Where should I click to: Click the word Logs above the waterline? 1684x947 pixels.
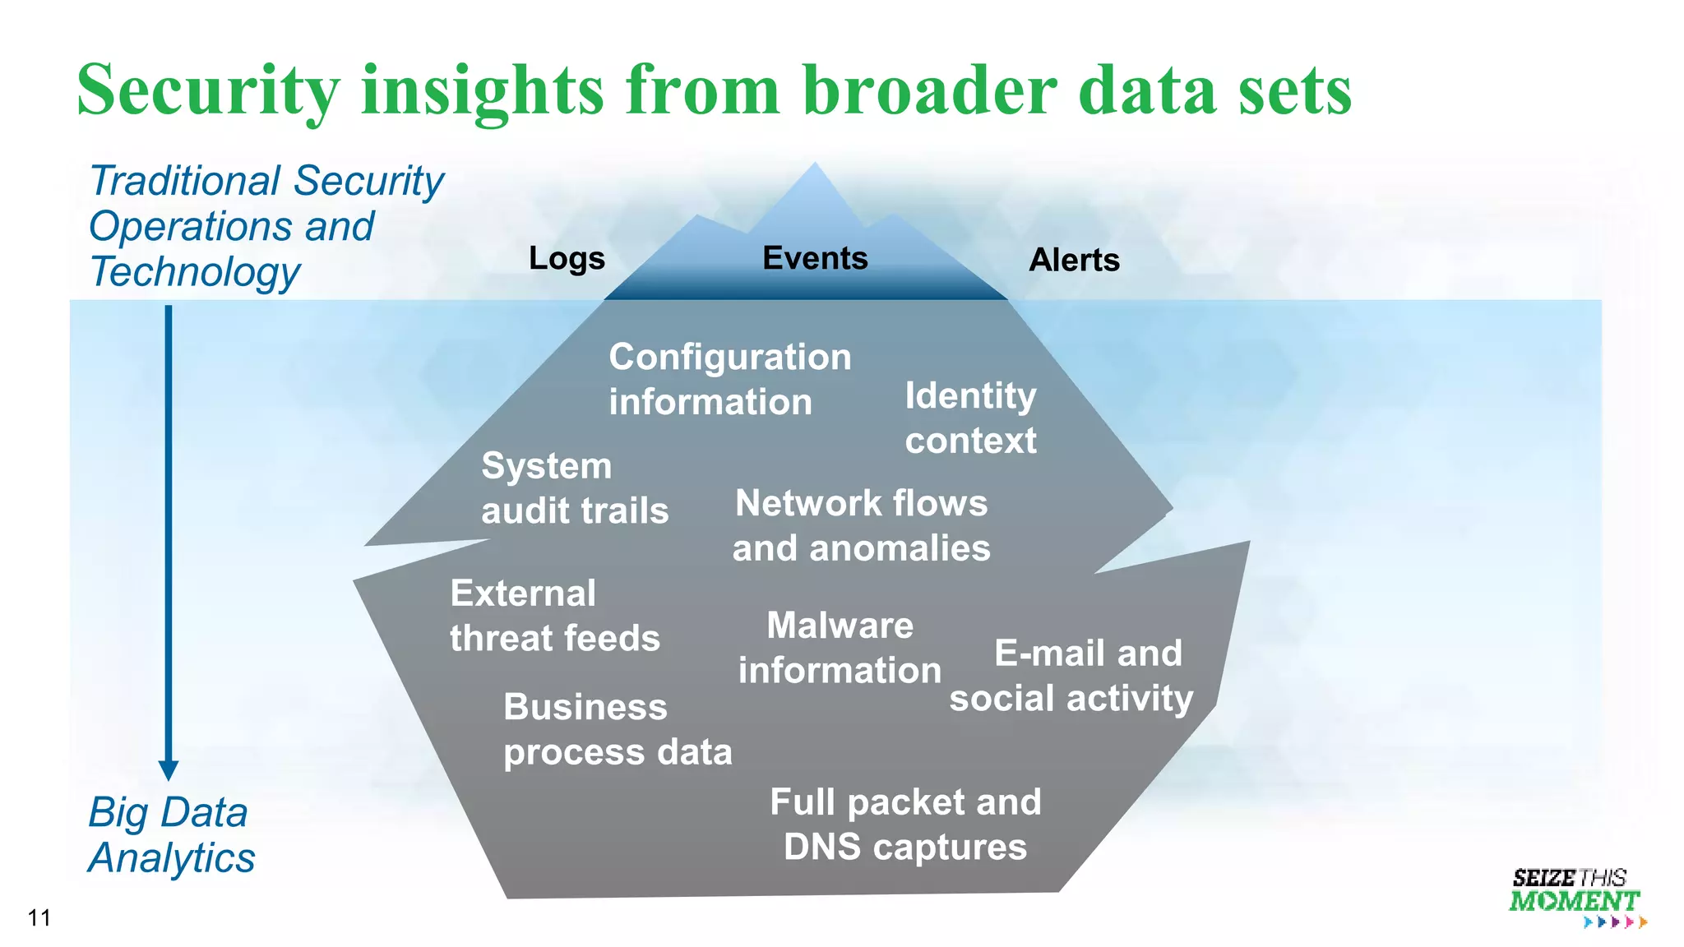coord(567,259)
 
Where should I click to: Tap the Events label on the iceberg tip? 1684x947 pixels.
coord(815,258)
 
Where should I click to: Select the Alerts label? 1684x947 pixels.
coord(1074,261)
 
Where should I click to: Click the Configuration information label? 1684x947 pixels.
coord(729,380)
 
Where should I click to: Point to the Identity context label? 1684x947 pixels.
coord(970,418)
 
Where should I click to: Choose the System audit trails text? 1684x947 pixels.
coord(574,488)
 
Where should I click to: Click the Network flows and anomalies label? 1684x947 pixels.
coord(861,526)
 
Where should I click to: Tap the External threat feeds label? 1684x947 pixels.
coord(554,616)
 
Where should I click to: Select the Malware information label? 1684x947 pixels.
coord(840,648)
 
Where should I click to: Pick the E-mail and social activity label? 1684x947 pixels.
coord(1071,676)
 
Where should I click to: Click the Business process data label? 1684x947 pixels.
coord(617,730)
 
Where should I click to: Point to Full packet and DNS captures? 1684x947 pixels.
coord(904,825)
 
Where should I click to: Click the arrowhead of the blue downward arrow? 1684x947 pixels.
coord(169,769)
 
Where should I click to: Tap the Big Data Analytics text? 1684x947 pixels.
coord(171,835)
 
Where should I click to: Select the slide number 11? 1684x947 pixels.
coord(39,918)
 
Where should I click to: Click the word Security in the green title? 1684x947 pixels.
coord(208,90)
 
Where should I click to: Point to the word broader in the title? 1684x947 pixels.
coord(929,90)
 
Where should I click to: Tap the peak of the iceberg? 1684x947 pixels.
coord(814,167)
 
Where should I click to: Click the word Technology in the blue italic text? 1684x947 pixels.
coord(195,272)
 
